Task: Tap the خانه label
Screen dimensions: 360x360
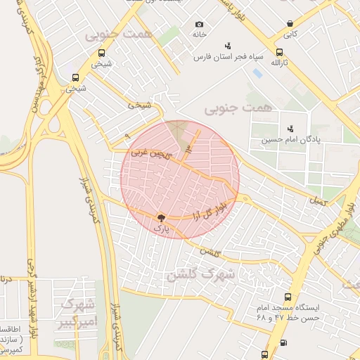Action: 199,34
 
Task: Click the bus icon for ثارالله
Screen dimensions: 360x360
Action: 279,52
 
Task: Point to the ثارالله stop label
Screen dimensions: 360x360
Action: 280,63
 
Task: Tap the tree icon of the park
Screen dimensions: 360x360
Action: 160,218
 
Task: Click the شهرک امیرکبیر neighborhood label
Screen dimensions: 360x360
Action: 78,314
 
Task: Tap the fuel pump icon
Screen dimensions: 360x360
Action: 283,342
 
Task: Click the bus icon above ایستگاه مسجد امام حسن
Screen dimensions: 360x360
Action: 287,297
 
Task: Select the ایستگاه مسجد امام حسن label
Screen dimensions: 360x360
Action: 289,313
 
